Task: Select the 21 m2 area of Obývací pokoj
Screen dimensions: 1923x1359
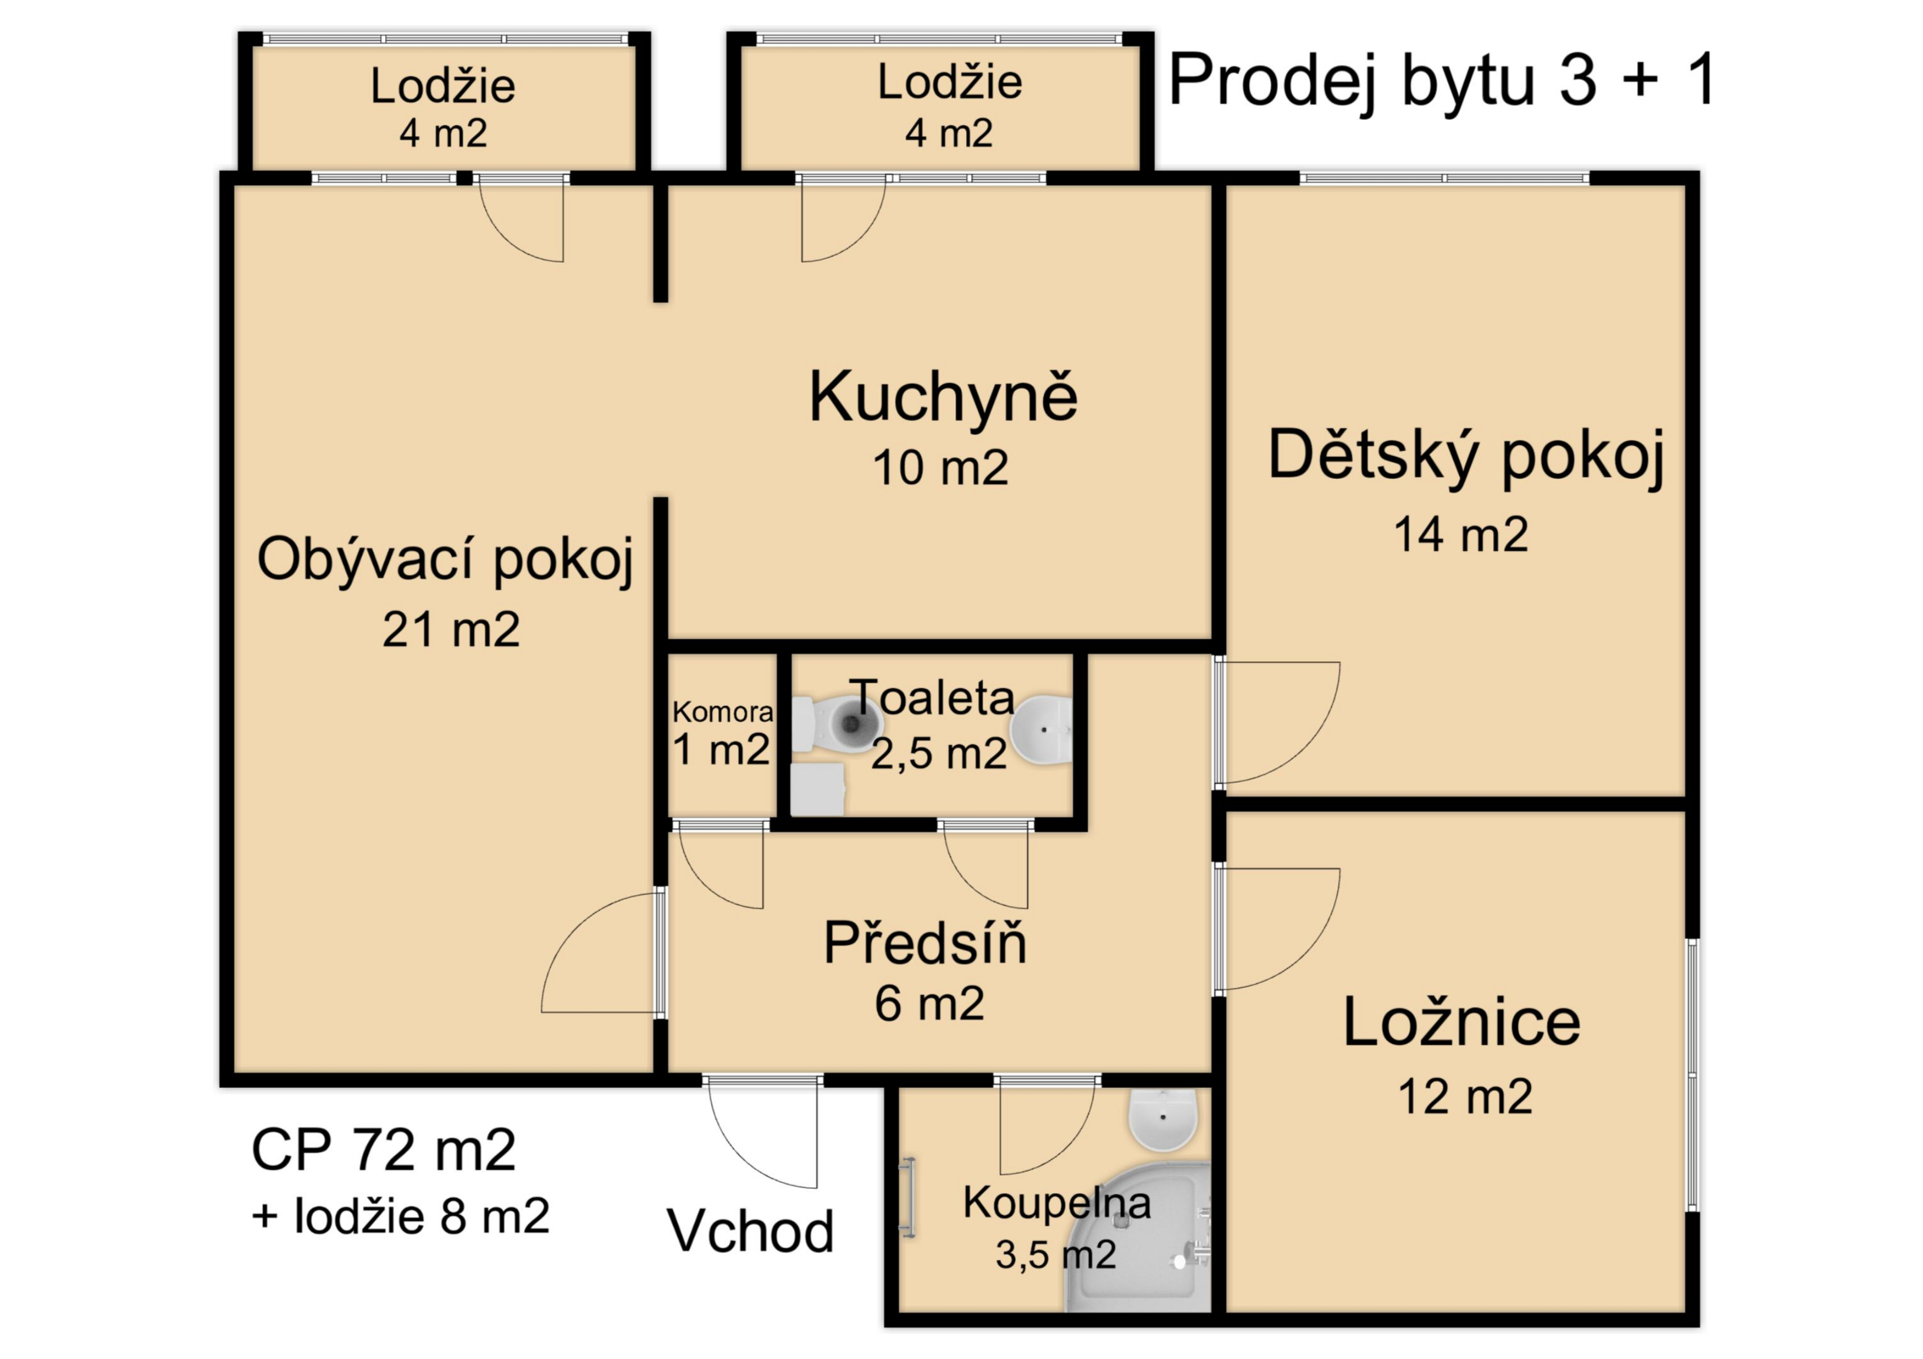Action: tap(451, 630)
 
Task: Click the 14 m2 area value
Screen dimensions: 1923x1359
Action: tap(1461, 534)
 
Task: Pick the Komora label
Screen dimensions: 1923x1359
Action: tap(723, 712)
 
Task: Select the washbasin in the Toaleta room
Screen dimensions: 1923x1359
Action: tap(1041, 729)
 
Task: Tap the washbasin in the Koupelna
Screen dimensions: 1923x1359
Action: tap(1164, 1119)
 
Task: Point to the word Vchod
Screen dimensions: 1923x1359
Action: tap(751, 1231)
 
